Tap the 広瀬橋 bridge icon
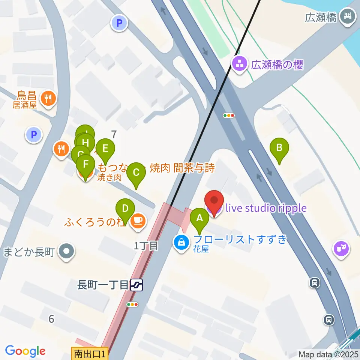347,16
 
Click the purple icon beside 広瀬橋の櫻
239,64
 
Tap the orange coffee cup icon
138,220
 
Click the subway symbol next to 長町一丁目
137,286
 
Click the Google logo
25,351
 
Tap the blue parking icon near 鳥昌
34,134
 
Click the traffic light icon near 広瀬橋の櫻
228,115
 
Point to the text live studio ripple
265,208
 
